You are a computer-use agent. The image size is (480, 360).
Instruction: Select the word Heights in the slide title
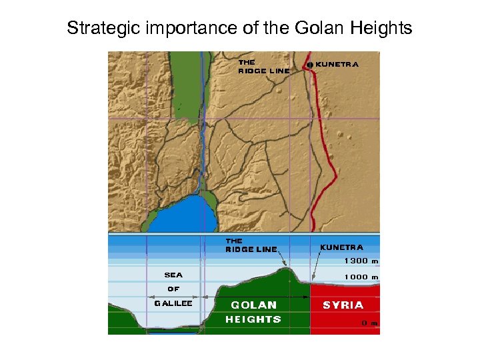(383, 29)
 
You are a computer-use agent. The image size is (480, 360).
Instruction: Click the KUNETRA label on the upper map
(337, 65)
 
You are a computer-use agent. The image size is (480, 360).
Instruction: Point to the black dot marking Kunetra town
(310, 65)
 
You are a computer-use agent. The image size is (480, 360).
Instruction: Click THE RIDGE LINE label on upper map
(264, 66)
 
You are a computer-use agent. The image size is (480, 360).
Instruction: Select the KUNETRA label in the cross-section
(342, 247)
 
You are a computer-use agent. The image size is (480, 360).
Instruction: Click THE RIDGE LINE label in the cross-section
(251, 245)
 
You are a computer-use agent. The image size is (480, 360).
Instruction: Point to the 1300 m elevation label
(361, 261)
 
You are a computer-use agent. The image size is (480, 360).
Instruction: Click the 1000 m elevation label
(361, 277)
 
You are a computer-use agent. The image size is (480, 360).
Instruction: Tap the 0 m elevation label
(370, 323)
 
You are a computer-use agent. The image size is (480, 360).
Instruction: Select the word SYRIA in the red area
(343, 305)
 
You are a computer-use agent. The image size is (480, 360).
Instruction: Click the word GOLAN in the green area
(253, 305)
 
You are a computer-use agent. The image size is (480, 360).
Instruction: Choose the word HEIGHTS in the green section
(253, 319)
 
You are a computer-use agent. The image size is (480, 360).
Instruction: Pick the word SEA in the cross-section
(173, 275)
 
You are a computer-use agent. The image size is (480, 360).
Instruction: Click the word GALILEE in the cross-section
(173, 303)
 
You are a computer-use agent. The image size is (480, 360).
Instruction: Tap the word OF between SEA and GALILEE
(173, 289)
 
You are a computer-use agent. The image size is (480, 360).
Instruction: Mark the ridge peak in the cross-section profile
(286, 268)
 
